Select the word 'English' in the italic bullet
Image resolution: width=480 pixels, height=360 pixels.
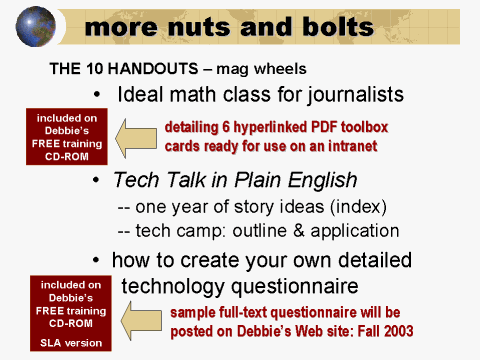coord(319,181)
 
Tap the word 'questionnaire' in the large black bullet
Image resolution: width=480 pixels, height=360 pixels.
coord(325,286)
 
